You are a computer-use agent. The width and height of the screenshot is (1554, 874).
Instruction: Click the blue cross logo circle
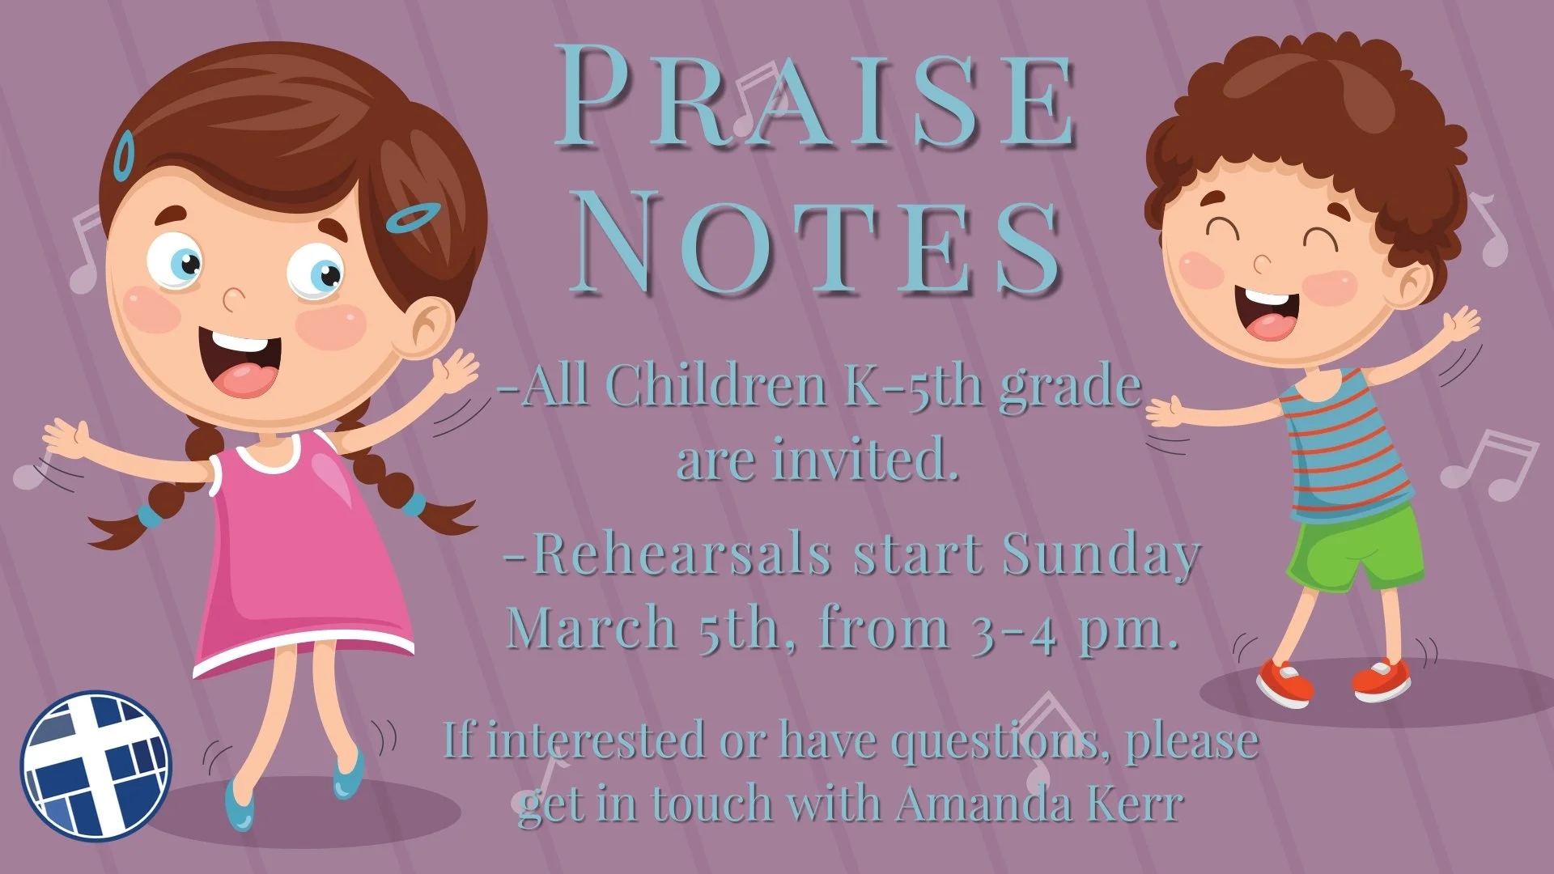tap(96, 766)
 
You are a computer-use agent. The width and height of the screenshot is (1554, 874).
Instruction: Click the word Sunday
tap(1101, 555)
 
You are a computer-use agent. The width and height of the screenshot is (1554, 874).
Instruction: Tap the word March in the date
tap(592, 627)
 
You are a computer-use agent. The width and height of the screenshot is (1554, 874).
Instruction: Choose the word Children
tap(715, 387)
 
